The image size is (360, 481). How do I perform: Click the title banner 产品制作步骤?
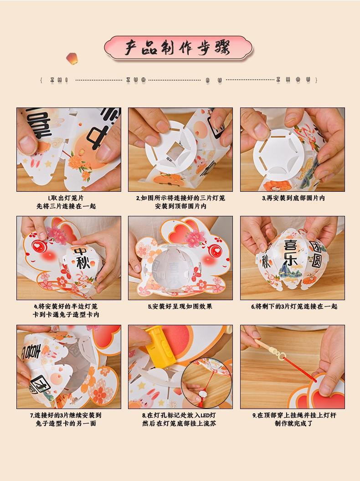pyautogui.click(x=178, y=47)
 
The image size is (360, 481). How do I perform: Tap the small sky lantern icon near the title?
pyautogui.click(x=72, y=58)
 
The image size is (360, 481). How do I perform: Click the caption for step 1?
pyautogui.click(x=66, y=202)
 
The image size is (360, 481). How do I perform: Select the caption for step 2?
pyautogui.click(x=180, y=202)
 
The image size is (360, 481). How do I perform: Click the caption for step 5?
pyautogui.click(x=180, y=307)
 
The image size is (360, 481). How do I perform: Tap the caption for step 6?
pyautogui.click(x=294, y=307)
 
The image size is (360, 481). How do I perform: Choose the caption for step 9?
pyautogui.click(x=294, y=420)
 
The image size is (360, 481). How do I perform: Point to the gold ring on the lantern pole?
pyautogui.click(x=280, y=356)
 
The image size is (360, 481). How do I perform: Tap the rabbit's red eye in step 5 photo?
pyautogui.click(x=214, y=251)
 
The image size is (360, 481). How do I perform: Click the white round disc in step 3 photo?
pyautogui.click(x=278, y=155)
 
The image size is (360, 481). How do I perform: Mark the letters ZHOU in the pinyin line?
pyautogui.click(x=293, y=80)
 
